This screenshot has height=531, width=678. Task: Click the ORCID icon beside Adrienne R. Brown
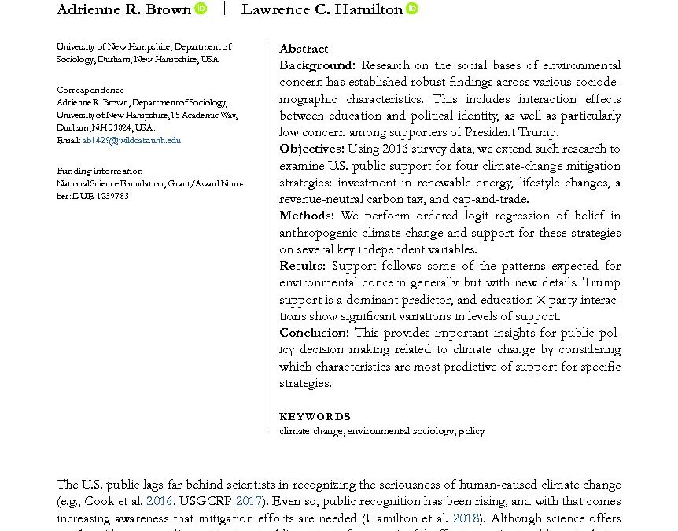pos(201,9)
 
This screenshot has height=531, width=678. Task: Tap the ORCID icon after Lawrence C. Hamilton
pos(412,9)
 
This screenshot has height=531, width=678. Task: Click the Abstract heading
pos(304,49)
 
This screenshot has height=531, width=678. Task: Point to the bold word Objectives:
pos(311,149)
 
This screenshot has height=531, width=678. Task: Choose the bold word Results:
pos(304,266)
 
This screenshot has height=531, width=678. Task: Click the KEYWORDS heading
pos(315,416)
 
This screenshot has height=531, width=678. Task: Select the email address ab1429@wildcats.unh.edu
pos(131,140)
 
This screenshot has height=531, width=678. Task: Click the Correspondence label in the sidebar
pos(90,90)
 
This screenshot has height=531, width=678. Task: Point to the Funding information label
pos(99,171)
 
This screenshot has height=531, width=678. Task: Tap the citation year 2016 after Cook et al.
pos(158,501)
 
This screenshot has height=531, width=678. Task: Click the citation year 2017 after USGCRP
pos(249,501)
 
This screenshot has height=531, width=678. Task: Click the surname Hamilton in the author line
pos(373,9)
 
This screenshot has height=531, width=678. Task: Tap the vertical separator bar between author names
pos(225,9)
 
